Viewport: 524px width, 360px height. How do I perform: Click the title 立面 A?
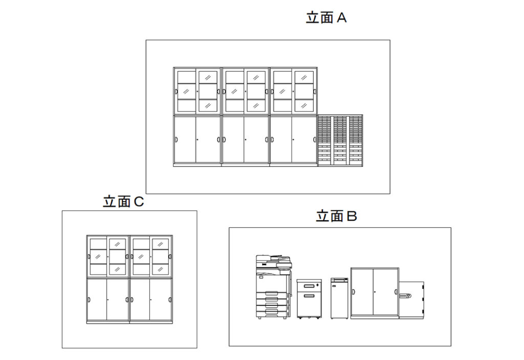click(326, 18)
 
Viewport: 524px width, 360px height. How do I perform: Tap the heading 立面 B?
click(336, 216)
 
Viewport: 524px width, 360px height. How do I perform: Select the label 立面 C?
click(123, 202)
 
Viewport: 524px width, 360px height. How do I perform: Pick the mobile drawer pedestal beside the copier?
click(309, 299)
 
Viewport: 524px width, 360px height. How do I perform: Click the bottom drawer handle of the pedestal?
click(309, 295)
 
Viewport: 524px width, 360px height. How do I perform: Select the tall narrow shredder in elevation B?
click(339, 298)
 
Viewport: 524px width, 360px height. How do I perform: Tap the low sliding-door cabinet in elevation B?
click(375, 292)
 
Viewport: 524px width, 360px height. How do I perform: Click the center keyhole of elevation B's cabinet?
click(375, 292)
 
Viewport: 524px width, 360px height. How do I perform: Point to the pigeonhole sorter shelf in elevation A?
click(340, 140)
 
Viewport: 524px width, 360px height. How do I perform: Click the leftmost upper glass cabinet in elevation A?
click(197, 91)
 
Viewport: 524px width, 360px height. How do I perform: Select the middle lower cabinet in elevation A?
click(245, 140)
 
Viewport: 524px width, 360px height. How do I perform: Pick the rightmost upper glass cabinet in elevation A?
click(293, 91)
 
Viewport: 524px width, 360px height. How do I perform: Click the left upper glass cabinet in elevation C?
click(107, 257)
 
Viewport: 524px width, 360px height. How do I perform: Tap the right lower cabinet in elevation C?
click(150, 300)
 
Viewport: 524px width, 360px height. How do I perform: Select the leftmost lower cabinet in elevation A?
click(197, 140)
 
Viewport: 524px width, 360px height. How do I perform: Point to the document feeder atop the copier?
click(275, 258)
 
